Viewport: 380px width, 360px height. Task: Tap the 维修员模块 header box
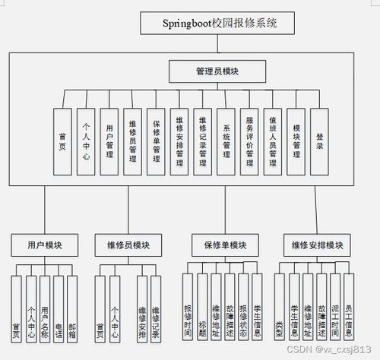[x=127, y=245]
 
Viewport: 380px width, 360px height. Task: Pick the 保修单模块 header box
[x=225, y=245]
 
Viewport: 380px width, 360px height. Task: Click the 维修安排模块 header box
[x=317, y=245]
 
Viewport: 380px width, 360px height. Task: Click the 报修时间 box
[x=188, y=311]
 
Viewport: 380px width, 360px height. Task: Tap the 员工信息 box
[x=348, y=311]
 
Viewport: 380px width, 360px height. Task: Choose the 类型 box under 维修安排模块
[x=280, y=311]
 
